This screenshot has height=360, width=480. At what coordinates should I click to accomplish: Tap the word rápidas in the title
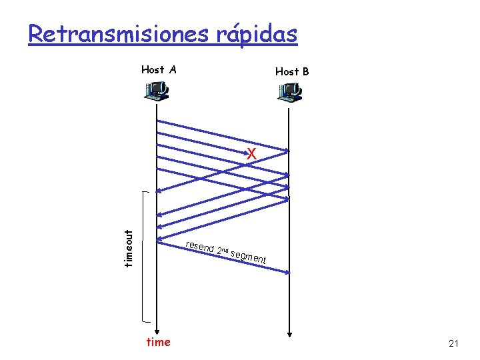point(255,35)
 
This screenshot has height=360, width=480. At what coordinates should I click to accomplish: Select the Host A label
point(159,69)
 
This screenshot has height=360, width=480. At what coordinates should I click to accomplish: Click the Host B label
point(292,71)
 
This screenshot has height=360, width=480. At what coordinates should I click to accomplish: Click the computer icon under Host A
point(157,91)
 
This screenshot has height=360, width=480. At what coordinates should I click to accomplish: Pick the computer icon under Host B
point(290,93)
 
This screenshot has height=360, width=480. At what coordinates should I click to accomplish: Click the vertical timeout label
point(129,247)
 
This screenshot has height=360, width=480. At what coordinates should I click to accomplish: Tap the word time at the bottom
point(158,342)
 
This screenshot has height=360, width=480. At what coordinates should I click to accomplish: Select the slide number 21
point(454,343)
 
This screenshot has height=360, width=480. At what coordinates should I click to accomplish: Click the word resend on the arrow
point(199,246)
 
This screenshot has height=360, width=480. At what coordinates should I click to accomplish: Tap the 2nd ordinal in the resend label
point(223,251)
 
